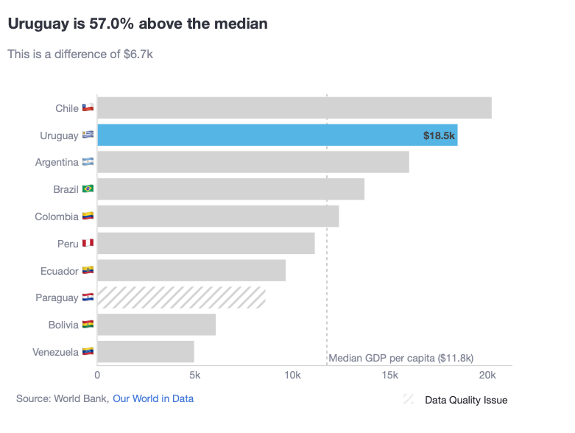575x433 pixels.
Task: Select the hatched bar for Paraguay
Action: click(181, 298)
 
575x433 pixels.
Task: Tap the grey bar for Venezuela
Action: click(146, 352)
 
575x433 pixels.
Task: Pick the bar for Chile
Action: click(294, 108)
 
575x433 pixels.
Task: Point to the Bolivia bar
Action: click(156, 325)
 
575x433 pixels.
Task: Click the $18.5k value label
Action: click(440, 135)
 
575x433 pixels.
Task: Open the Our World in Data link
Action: click(153, 398)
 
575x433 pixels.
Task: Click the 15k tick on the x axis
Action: click(389, 376)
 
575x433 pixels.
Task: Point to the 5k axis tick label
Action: click(195, 376)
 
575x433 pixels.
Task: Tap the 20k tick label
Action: click(487, 376)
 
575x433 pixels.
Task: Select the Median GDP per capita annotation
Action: click(401, 358)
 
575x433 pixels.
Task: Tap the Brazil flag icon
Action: click(88, 189)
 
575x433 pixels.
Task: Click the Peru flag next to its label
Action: click(88, 244)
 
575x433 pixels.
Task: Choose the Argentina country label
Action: click(57, 162)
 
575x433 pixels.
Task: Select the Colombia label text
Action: click(57, 216)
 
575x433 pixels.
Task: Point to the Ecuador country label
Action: click(60, 271)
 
